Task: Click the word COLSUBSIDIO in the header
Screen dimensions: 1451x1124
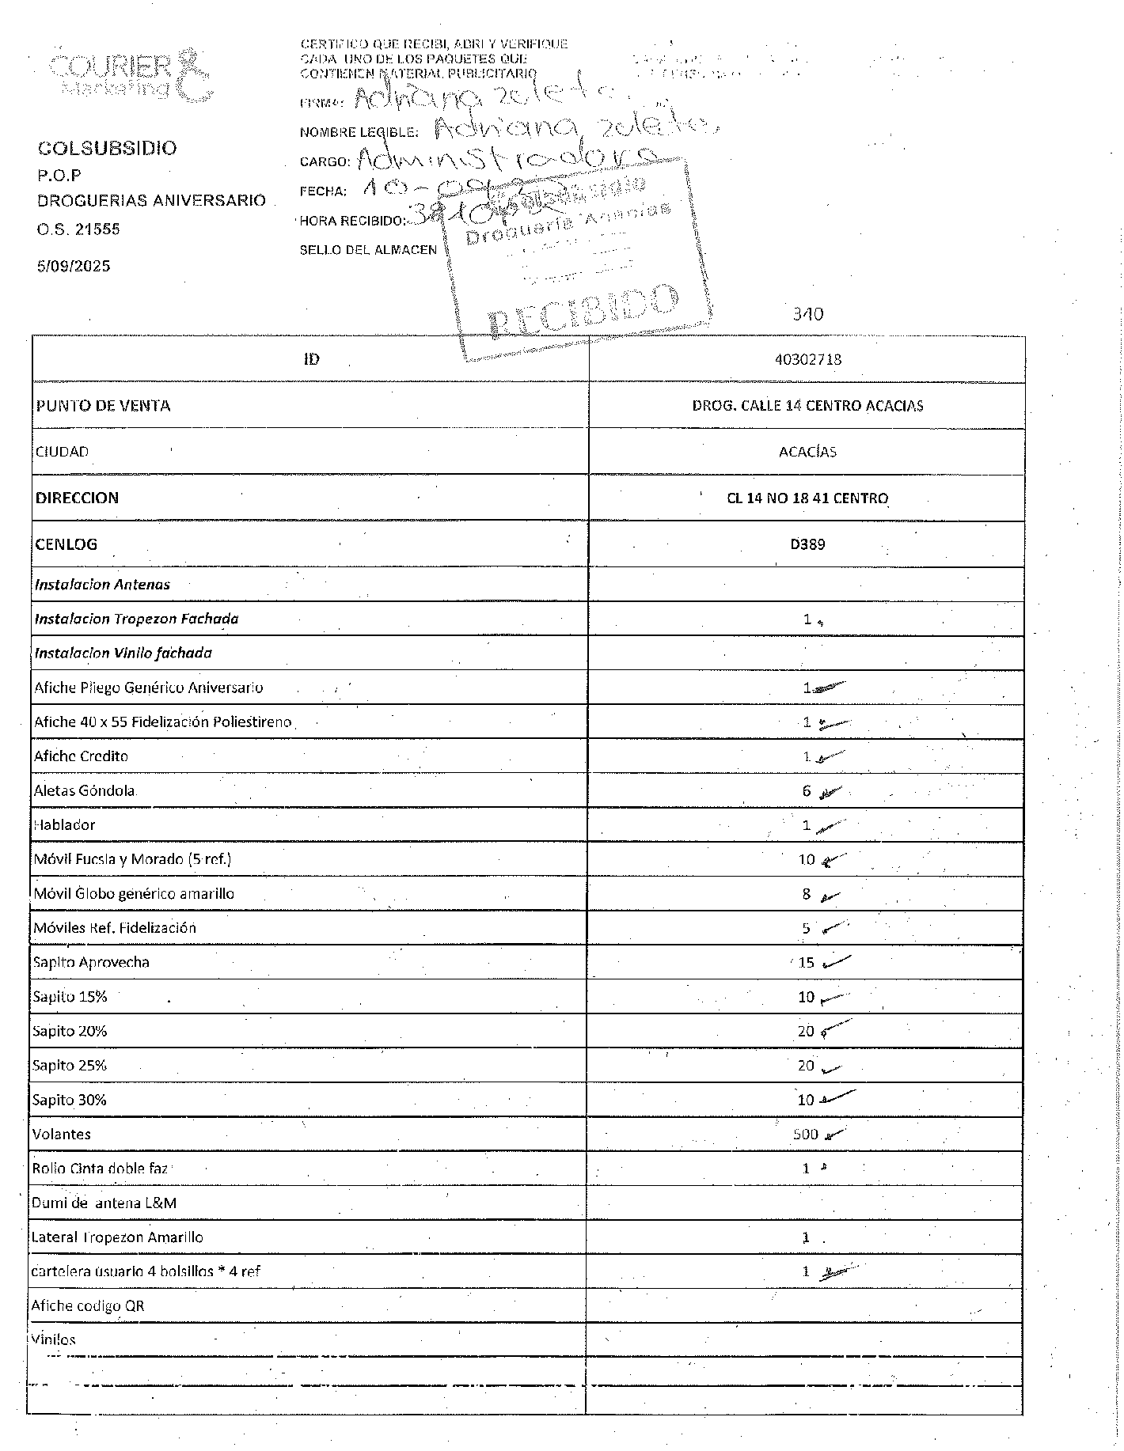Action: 107,148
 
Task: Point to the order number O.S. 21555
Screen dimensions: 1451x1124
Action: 78,229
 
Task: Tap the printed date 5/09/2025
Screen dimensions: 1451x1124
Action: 74,266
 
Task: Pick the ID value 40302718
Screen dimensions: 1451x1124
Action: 807,359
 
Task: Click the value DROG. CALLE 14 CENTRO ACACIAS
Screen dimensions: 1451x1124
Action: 807,406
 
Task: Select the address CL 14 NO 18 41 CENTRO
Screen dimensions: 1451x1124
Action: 807,498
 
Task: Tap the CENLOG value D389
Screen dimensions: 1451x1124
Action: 807,544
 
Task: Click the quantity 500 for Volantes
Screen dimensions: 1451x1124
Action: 805,1135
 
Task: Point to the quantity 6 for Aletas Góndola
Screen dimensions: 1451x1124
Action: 807,791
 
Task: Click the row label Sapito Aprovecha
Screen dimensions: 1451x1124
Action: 91,963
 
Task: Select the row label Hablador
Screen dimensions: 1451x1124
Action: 64,825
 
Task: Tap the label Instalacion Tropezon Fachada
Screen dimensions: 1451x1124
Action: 136,619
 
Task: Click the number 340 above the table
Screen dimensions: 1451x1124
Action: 807,314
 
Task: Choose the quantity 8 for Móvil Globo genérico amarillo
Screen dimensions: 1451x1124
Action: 807,894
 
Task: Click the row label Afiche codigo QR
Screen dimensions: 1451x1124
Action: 88,1306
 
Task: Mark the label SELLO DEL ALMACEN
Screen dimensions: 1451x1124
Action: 368,250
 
